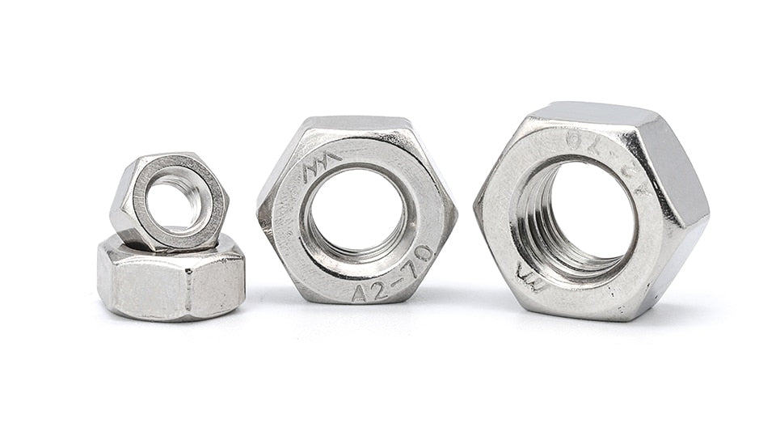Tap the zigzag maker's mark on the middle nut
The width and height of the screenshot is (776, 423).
(x=318, y=170)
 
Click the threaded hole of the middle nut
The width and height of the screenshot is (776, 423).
(x=356, y=212)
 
